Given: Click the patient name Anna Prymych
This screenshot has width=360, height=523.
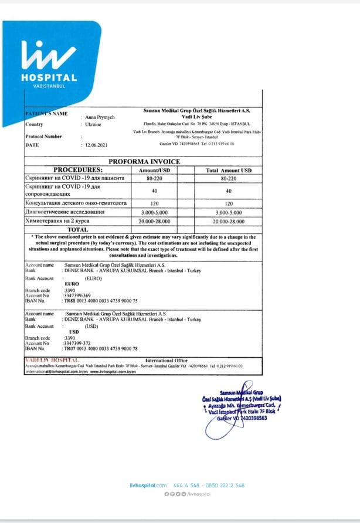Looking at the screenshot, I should click(x=100, y=117).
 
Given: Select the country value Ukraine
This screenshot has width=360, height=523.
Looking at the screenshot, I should click(x=93, y=125).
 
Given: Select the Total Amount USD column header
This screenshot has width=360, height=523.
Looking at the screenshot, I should click(x=228, y=170).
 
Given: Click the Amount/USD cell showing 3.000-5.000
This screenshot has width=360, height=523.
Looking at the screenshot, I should click(x=155, y=212).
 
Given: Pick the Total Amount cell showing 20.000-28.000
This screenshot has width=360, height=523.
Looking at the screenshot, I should click(x=228, y=222).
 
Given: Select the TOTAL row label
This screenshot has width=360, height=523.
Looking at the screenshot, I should click(x=77, y=230).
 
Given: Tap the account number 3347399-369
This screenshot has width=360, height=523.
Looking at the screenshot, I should click(x=77, y=295).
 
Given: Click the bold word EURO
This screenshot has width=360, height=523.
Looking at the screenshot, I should click(x=72, y=284).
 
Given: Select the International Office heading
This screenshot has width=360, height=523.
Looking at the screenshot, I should click(x=167, y=360).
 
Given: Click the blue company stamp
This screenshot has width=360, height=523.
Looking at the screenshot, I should click(x=242, y=405).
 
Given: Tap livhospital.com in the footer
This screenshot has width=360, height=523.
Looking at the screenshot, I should click(x=148, y=485).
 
